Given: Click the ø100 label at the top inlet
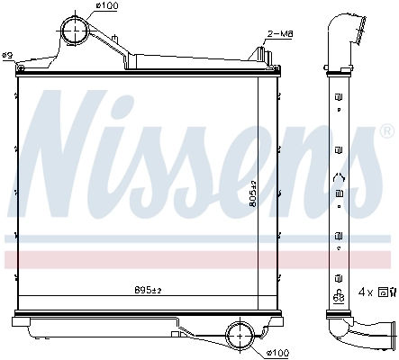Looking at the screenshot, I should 107,7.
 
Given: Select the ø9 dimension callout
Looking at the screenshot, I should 7,56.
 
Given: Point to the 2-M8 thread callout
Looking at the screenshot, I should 279,34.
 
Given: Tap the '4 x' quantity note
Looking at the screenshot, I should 366,292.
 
